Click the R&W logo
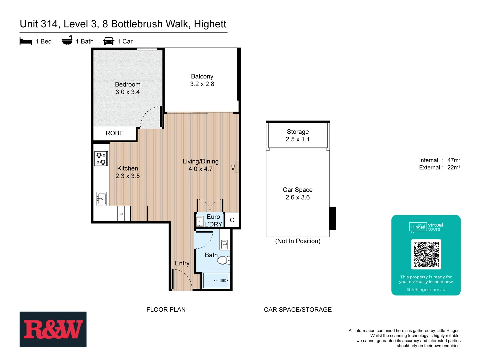point(53,329)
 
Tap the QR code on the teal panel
point(426,254)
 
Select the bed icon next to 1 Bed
point(26,41)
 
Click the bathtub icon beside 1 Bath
point(67,41)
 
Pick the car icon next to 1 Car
point(109,41)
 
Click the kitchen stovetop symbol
point(101,159)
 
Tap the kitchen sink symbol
point(101,199)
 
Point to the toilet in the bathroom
point(223,260)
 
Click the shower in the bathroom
point(216,280)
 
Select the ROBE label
point(114,133)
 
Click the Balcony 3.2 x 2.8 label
point(202,80)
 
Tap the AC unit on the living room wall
point(236,167)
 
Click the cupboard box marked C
point(232,220)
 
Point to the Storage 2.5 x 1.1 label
point(298,136)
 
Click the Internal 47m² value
point(454,160)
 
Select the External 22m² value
point(454,168)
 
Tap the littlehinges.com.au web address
point(426,290)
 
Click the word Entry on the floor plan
point(182,263)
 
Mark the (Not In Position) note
point(298,241)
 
